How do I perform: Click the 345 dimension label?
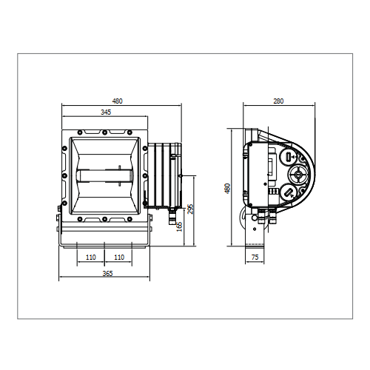coord(106,112)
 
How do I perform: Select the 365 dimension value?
coord(107,274)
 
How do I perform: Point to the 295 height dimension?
coord(190,209)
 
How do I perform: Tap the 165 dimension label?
coord(180,226)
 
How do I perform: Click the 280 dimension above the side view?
coord(278,101)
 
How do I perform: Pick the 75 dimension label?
coord(255,258)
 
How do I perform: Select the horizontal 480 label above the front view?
coord(118,101)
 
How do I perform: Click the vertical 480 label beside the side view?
coord(228,189)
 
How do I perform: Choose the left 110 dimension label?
coord(91,258)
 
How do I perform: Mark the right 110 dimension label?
coord(119,258)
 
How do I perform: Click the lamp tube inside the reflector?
coord(104,175)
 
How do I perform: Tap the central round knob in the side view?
coord(298,175)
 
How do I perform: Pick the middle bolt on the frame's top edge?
coord(104,132)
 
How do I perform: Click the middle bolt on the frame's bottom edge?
coord(104,219)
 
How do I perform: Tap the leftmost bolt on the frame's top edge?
coord(79,132)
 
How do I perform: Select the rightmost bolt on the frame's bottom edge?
coord(129,219)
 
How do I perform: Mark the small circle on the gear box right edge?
coord(181,175)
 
